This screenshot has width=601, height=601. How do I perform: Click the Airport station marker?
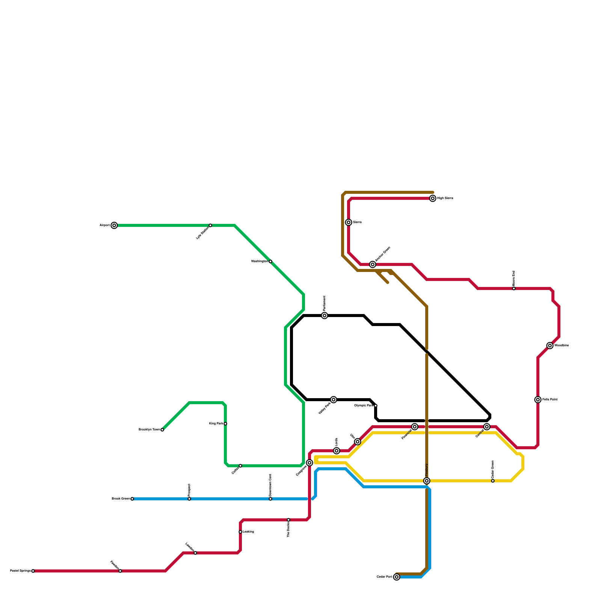(x=114, y=225)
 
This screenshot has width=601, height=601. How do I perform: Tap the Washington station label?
(x=259, y=261)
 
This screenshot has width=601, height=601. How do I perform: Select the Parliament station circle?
(x=325, y=316)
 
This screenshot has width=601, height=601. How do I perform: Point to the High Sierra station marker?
(x=433, y=198)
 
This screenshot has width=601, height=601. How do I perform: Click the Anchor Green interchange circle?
(x=373, y=264)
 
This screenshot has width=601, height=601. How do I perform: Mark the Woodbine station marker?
(x=550, y=346)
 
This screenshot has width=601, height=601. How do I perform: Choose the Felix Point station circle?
(x=538, y=400)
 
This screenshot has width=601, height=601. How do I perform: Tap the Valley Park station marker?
(x=334, y=400)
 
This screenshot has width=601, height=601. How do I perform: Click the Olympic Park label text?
(x=364, y=406)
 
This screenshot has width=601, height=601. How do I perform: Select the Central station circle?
(x=487, y=427)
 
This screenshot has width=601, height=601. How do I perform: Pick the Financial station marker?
(x=415, y=427)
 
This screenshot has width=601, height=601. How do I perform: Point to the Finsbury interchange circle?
(x=427, y=481)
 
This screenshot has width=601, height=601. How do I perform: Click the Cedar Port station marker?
(x=397, y=577)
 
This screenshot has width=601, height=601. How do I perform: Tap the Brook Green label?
(x=121, y=499)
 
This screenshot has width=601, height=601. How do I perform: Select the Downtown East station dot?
(x=270, y=499)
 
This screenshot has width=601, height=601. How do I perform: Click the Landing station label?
(x=248, y=532)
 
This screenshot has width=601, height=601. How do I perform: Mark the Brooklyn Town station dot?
(x=162, y=430)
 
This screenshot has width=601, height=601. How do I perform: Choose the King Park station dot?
(x=225, y=424)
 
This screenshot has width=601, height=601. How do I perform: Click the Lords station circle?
(x=337, y=451)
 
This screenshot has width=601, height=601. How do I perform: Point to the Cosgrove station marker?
(x=310, y=463)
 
